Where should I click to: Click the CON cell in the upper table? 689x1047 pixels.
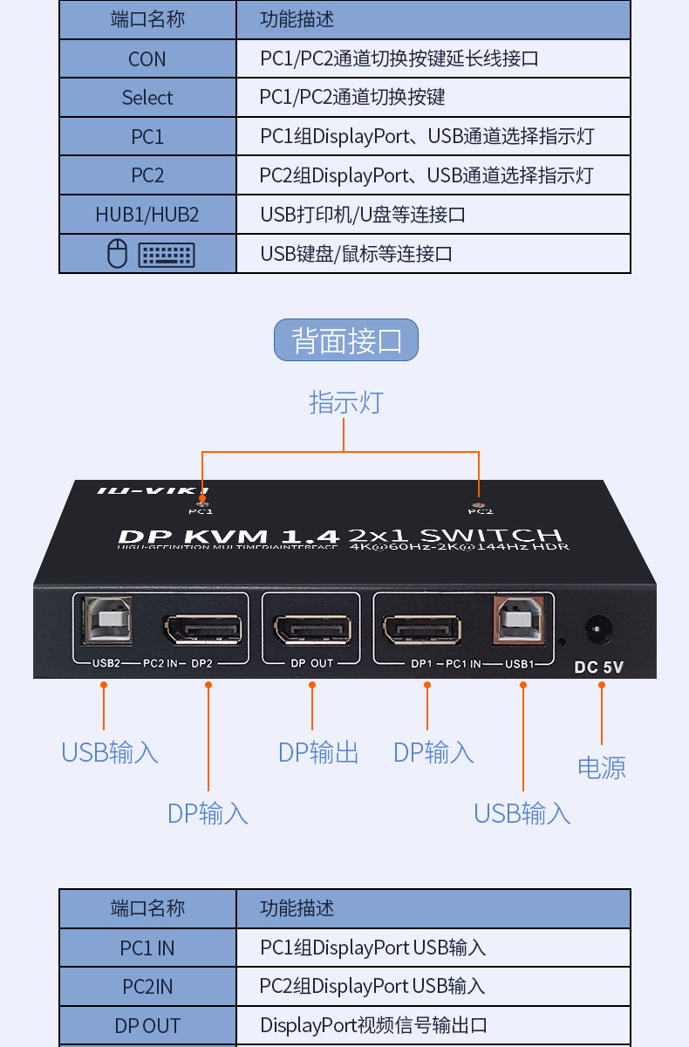[147, 59]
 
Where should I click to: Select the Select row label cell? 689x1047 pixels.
[147, 98]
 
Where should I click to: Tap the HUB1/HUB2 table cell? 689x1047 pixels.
[147, 215]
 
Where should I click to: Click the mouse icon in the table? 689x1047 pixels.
[117, 254]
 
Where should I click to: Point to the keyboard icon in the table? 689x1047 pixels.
[167, 255]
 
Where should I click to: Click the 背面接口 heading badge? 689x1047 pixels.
[346, 340]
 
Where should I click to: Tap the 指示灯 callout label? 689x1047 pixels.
[345, 402]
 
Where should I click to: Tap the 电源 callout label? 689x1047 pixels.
[602, 768]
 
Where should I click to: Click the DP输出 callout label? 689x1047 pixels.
[318, 752]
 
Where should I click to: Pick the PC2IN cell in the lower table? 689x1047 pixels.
[147, 987]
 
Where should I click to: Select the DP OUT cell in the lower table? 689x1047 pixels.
[147, 1026]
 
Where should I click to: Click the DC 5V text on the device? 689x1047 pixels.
[599, 668]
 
